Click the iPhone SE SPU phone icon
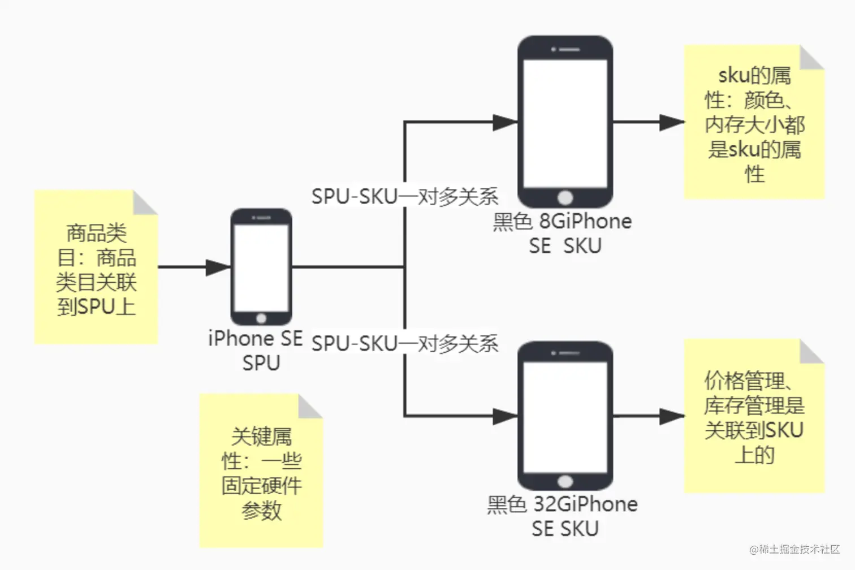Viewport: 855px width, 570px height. [x=261, y=266]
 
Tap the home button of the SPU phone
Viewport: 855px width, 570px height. [x=261, y=318]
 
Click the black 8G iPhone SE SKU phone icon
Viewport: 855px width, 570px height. [x=565, y=121]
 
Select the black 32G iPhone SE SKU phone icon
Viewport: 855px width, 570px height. [x=565, y=416]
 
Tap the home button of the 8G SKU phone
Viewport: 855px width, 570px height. [x=565, y=197]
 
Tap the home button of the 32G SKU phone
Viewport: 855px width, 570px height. [x=565, y=481]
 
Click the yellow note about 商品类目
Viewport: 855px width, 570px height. [x=96, y=267]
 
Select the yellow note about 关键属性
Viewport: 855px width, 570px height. [x=261, y=471]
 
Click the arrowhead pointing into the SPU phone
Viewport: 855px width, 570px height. [x=218, y=267]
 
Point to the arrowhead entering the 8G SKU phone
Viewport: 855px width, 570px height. [x=505, y=122]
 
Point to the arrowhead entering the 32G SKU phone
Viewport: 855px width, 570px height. [x=505, y=416]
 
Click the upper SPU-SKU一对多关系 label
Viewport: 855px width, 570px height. [x=405, y=196]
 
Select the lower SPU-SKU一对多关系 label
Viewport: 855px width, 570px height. [x=405, y=343]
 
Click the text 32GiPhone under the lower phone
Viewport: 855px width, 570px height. [x=586, y=504]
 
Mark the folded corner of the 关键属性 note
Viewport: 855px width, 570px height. [x=310, y=407]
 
